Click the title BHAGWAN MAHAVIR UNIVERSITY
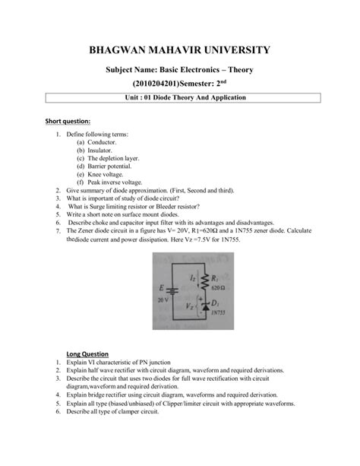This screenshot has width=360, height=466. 180,51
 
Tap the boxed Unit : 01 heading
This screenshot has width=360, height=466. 180,98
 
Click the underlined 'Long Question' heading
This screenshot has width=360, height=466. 87,354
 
